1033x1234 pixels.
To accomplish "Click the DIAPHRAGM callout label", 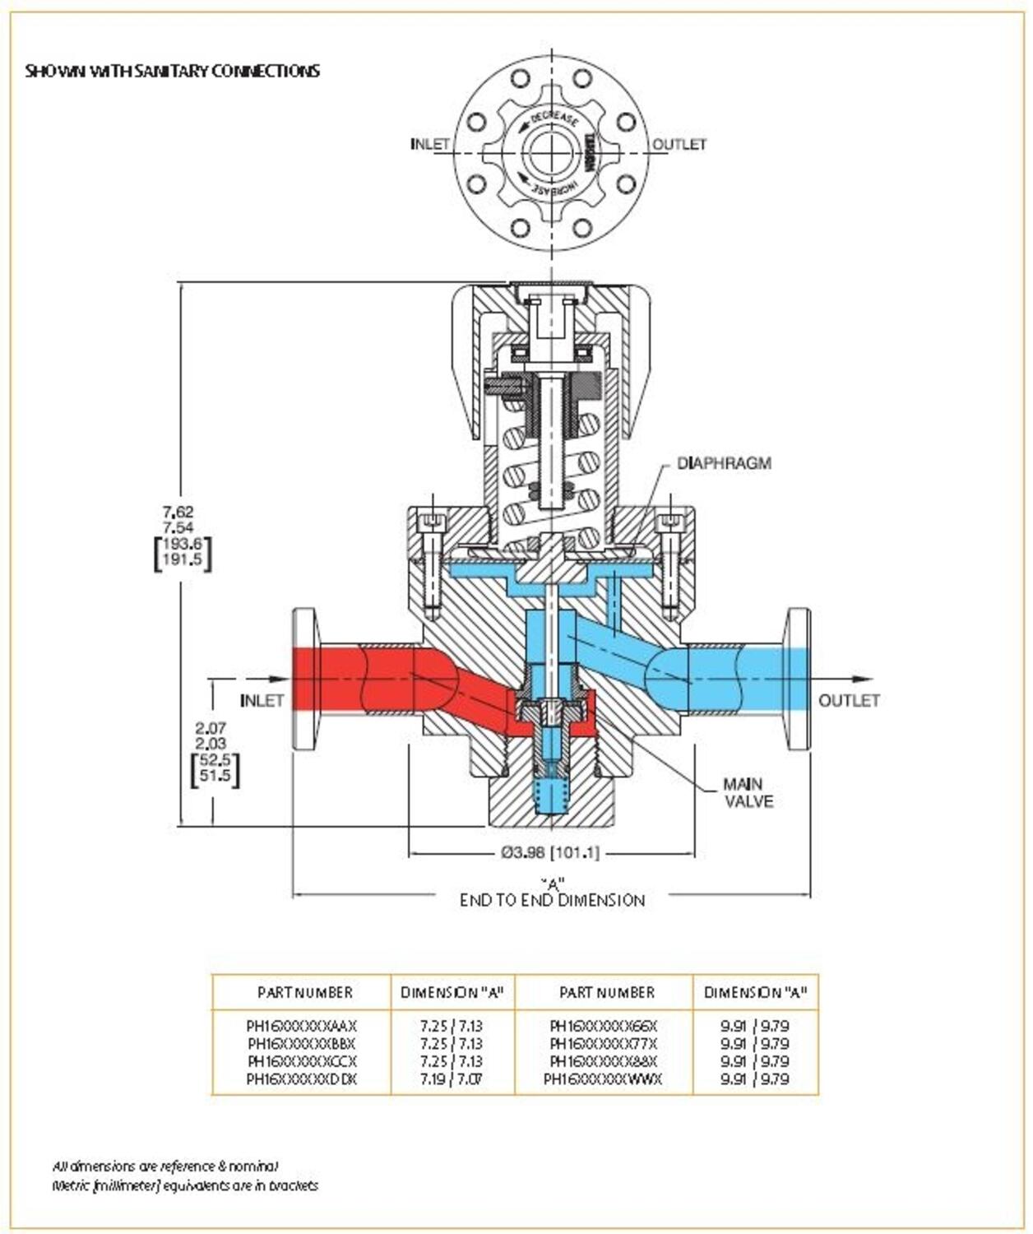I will click(724, 463).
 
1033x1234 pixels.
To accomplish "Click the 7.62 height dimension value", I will click(178, 512).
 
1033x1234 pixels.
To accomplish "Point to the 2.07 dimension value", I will click(211, 728).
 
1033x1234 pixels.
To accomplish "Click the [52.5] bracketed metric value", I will click(215, 759).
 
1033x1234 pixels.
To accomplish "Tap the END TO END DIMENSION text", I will click(552, 900).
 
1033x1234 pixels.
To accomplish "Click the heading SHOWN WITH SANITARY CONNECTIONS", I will click(172, 71).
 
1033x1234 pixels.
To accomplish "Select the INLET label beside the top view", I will click(430, 144).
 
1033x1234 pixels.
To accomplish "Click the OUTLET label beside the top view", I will click(679, 144).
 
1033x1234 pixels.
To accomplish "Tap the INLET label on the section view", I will click(262, 701).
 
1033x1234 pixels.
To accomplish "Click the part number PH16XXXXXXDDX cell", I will click(302, 1079).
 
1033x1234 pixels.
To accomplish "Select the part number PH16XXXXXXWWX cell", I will click(603, 1079).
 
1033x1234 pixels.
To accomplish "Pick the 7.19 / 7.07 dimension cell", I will click(451, 1079).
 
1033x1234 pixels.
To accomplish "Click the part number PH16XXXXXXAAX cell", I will click(302, 1027).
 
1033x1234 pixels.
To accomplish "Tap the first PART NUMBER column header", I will click(304, 993).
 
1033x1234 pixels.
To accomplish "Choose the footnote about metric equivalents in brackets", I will click(185, 1185).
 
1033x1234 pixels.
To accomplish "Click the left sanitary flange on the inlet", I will click(304, 679).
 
